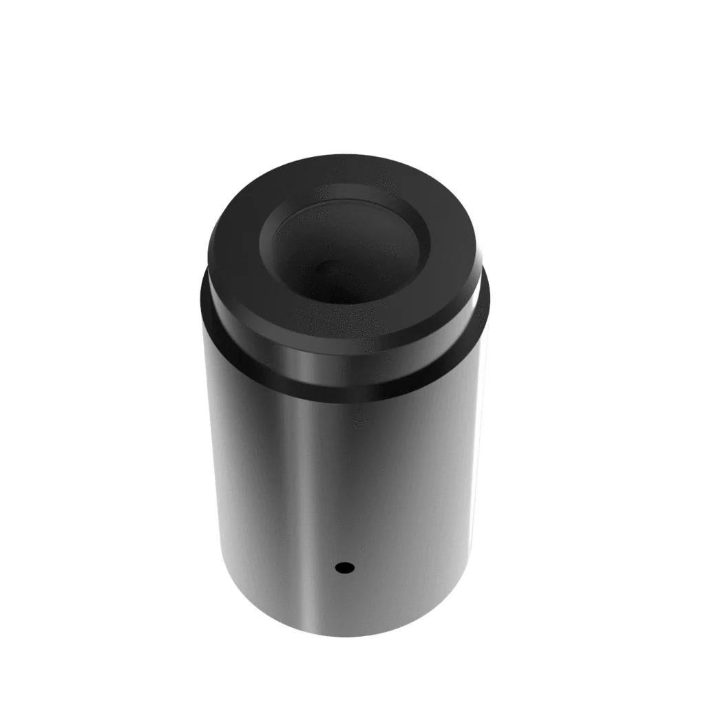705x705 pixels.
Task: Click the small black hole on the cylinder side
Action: click(x=344, y=568)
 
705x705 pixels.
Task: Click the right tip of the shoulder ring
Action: click(x=488, y=303)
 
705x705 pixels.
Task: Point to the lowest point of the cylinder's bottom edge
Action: click(x=344, y=635)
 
